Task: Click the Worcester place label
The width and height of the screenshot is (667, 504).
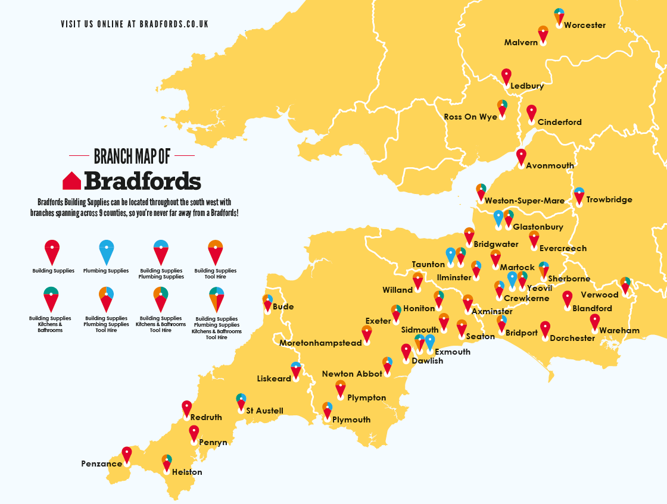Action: [x=584, y=26]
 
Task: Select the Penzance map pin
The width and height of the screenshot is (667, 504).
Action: [x=126, y=455]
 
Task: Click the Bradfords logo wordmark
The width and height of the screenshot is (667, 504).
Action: [x=142, y=181]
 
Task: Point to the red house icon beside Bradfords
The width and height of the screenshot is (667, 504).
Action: [x=71, y=181]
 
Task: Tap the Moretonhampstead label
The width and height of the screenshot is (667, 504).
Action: [x=320, y=343]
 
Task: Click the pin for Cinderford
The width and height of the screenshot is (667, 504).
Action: [x=531, y=113]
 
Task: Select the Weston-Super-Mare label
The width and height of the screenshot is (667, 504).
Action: [x=524, y=201]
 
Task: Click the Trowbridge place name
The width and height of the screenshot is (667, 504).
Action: [x=609, y=200]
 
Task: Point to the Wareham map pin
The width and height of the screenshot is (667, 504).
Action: [x=594, y=322]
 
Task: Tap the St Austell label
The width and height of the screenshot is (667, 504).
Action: [x=264, y=411]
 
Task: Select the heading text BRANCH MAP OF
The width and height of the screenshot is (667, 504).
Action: [x=132, y=156]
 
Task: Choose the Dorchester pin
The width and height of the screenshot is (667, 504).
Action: [x=545, y=329]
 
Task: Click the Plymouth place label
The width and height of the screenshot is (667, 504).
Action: [x=351, y=420]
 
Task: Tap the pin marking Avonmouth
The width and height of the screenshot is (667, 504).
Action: [x=521, y=156]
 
